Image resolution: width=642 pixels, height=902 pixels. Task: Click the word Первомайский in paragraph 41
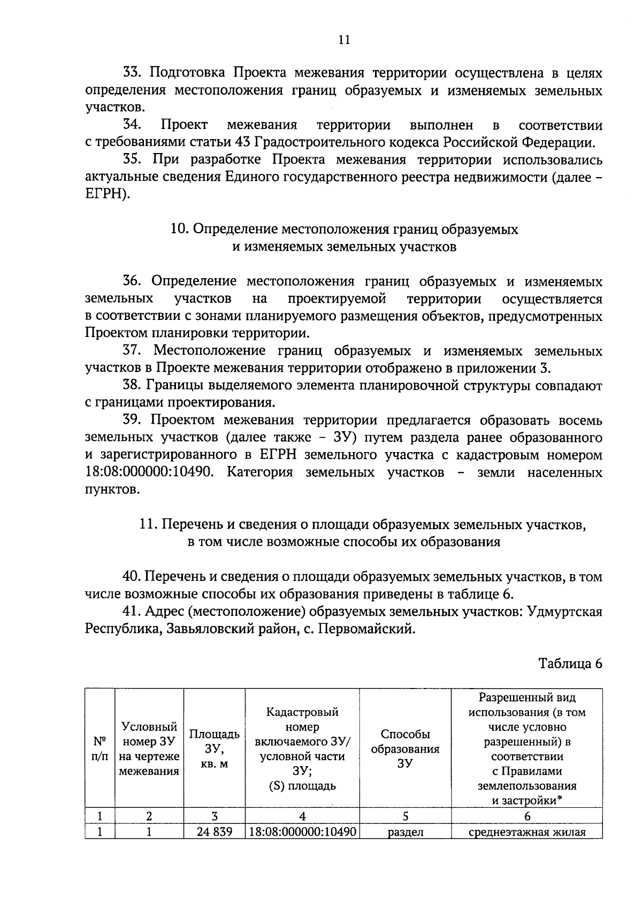366,629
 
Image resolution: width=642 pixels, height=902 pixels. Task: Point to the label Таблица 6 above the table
570,664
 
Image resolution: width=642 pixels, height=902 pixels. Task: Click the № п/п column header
100,749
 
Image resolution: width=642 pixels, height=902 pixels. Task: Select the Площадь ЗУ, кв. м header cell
214,749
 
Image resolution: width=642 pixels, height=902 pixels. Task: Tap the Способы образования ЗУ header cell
405,749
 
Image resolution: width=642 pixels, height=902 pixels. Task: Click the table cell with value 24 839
214,832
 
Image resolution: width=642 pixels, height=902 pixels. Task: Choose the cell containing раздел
405,832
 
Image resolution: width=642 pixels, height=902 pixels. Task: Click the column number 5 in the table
405,816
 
